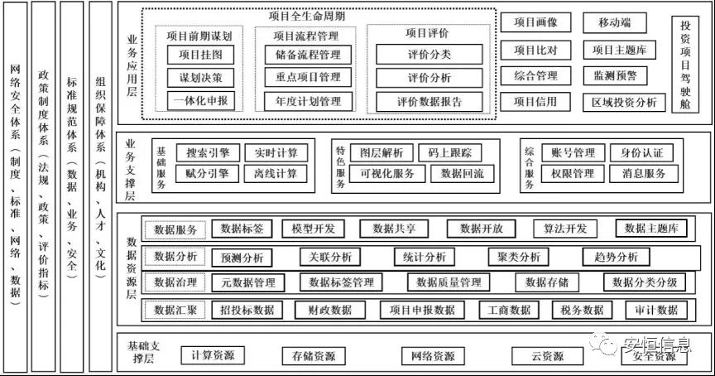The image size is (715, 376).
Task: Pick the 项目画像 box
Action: pos(535,23)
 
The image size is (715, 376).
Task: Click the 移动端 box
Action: pos(615,23)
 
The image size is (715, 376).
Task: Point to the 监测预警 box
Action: pos(615,75)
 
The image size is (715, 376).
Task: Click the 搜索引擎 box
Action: pos(207,153)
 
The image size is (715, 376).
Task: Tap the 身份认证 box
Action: pos(642,153)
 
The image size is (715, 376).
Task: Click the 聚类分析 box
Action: pos(519,257)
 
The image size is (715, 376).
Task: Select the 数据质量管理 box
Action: pos(448,282)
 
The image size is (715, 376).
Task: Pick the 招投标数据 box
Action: pos(247,311)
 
